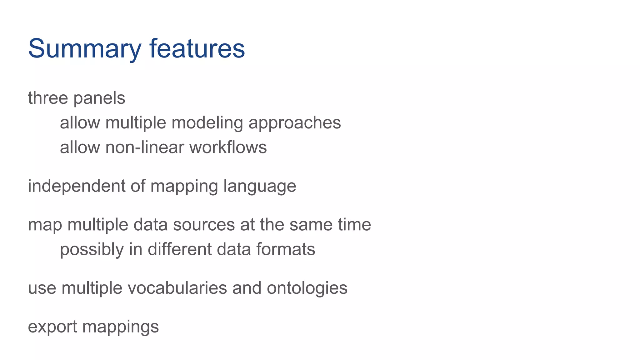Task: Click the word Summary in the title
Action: tap(85, 49)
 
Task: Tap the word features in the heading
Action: tap(197, 49)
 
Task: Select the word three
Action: tap(48, 98)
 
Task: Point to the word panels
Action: tap(99, 98)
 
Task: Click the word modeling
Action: tap(207, 123)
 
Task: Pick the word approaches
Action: tap(294, 123)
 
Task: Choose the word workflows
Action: tap(228, 147)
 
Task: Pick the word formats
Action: tap(285, 249)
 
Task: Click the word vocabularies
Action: tap(177, 288)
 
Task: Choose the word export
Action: tap(52, 327)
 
